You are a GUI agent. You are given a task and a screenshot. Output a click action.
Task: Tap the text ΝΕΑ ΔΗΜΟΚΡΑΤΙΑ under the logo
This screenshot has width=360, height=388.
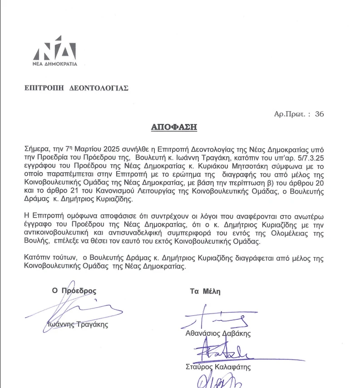[54, 64]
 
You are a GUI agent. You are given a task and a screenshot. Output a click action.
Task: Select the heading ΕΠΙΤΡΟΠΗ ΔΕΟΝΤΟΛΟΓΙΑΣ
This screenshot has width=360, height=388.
[76, 89]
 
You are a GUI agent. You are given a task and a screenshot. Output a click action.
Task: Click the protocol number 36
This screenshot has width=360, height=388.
[319, 114]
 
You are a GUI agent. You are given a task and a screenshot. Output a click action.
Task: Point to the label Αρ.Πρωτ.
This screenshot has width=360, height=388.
[291, 114]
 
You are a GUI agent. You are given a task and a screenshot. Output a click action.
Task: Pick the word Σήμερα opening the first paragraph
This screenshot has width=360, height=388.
[36, 149]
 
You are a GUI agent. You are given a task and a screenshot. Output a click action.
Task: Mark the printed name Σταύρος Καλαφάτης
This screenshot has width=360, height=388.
[218, 367]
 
